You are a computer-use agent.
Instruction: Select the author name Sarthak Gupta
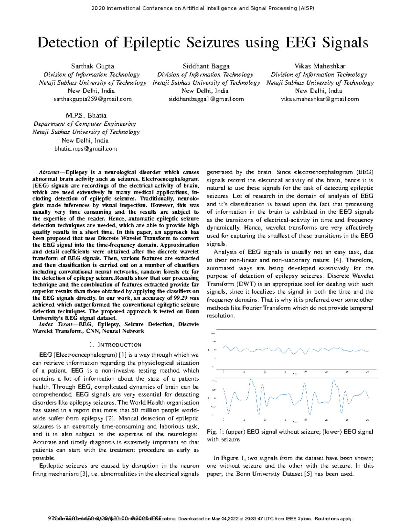[x=92, y=66]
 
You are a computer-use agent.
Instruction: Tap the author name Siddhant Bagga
[x=206, y=66]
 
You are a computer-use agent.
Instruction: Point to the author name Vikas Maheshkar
[x=320, y=66]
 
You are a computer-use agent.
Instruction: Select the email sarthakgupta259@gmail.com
[x=92, y=99]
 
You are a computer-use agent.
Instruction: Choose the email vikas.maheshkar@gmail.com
[x=320, y=99]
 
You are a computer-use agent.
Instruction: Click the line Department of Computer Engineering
[x=85, y=124]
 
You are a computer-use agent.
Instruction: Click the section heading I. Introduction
[x=115, y=345]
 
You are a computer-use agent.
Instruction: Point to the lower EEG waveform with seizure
[x=296, y=396]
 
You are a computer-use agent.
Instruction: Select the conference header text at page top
[x=203, y=8]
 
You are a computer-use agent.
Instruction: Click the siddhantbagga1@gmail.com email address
[x=206, y=99]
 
